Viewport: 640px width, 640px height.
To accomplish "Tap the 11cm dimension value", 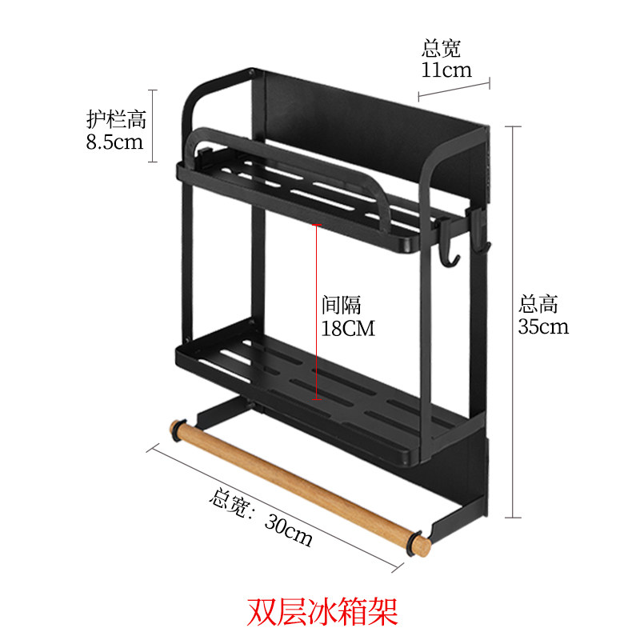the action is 446,70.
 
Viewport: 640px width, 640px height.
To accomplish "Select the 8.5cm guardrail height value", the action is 114,142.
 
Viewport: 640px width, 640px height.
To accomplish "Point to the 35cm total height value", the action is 543,326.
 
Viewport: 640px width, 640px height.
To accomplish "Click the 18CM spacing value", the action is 347,327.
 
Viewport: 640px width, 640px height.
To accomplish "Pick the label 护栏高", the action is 116,120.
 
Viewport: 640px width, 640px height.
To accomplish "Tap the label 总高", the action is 538,304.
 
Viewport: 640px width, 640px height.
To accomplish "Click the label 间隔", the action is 342,305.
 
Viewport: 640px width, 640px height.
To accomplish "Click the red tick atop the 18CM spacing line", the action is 318,225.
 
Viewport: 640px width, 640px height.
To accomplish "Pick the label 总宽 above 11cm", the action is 442,49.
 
